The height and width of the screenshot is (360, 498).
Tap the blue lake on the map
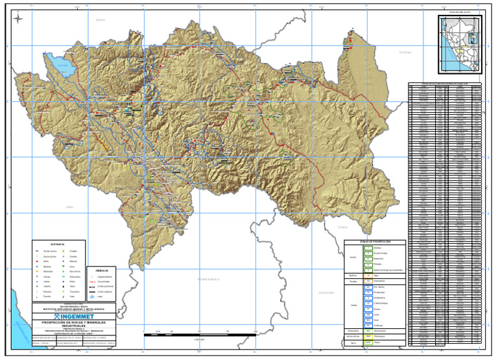[62, 66]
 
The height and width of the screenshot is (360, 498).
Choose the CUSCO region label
[342, 227]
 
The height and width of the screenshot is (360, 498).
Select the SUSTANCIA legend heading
[56, 244]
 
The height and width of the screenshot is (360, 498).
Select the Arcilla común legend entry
[49, 250]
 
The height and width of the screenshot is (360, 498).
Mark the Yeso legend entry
[72, 297]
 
